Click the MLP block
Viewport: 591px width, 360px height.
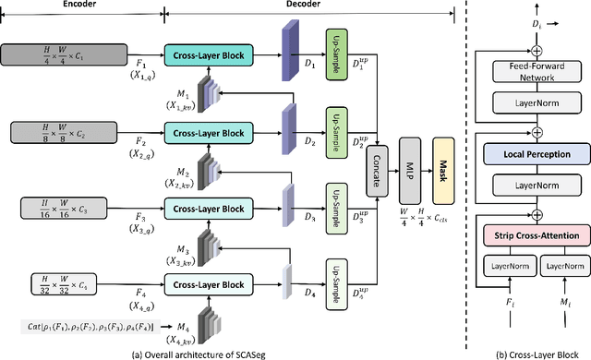(x=411, y=158)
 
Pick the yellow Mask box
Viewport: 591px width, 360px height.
(x=444, y=158)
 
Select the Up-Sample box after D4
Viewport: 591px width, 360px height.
(x=339, y=274)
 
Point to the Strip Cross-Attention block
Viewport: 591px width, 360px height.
(x=537, y=236)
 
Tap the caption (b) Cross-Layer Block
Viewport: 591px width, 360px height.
(x=537, y=353)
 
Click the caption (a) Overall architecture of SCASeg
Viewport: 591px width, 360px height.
(x=231, y=353)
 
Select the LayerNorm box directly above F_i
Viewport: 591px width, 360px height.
(x=509, y=267)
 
